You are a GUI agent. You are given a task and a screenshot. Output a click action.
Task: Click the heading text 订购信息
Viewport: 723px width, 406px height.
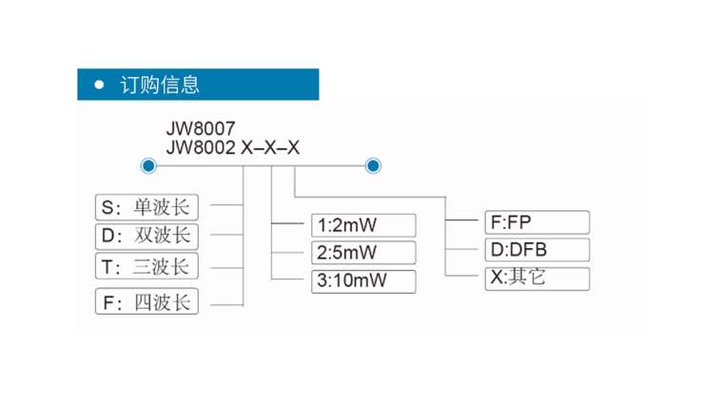(160, 85)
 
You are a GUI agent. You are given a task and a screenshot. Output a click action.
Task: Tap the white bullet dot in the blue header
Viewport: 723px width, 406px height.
(99, 85)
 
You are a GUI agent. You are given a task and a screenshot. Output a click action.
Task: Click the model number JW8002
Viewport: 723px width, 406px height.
(200, 147)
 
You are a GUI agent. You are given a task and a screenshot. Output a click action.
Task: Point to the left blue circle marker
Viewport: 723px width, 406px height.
(148, 166)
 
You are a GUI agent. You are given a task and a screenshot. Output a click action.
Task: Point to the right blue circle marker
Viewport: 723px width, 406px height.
(373, 166)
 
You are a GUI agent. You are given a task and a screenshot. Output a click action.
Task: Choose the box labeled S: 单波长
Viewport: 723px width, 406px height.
(147, 205)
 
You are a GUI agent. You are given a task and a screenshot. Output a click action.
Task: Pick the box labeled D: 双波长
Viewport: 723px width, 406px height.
(147, 235)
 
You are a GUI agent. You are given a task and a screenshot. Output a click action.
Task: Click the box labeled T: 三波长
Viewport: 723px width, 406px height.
(147, 265)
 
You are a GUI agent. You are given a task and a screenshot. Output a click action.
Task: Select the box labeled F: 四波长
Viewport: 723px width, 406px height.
(147, 302)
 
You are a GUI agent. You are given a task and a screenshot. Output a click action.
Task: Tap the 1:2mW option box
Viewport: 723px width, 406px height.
(364, 225)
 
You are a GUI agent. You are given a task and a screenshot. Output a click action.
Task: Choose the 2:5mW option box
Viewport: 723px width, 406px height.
(364, 253)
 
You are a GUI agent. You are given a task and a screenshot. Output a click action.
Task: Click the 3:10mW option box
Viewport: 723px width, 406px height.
(364, 280)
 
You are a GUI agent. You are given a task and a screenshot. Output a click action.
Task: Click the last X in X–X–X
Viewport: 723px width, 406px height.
(294, 147)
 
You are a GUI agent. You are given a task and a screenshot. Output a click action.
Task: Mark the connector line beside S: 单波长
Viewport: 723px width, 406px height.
(226, 204)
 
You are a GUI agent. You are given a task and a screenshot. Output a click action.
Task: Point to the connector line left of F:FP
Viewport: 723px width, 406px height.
(462, 222)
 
